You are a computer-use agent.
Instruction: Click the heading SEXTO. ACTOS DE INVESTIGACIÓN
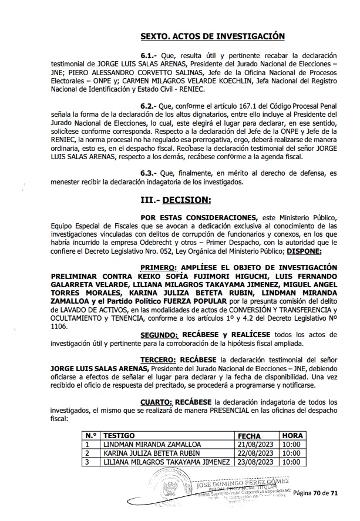tap(213, 36)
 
